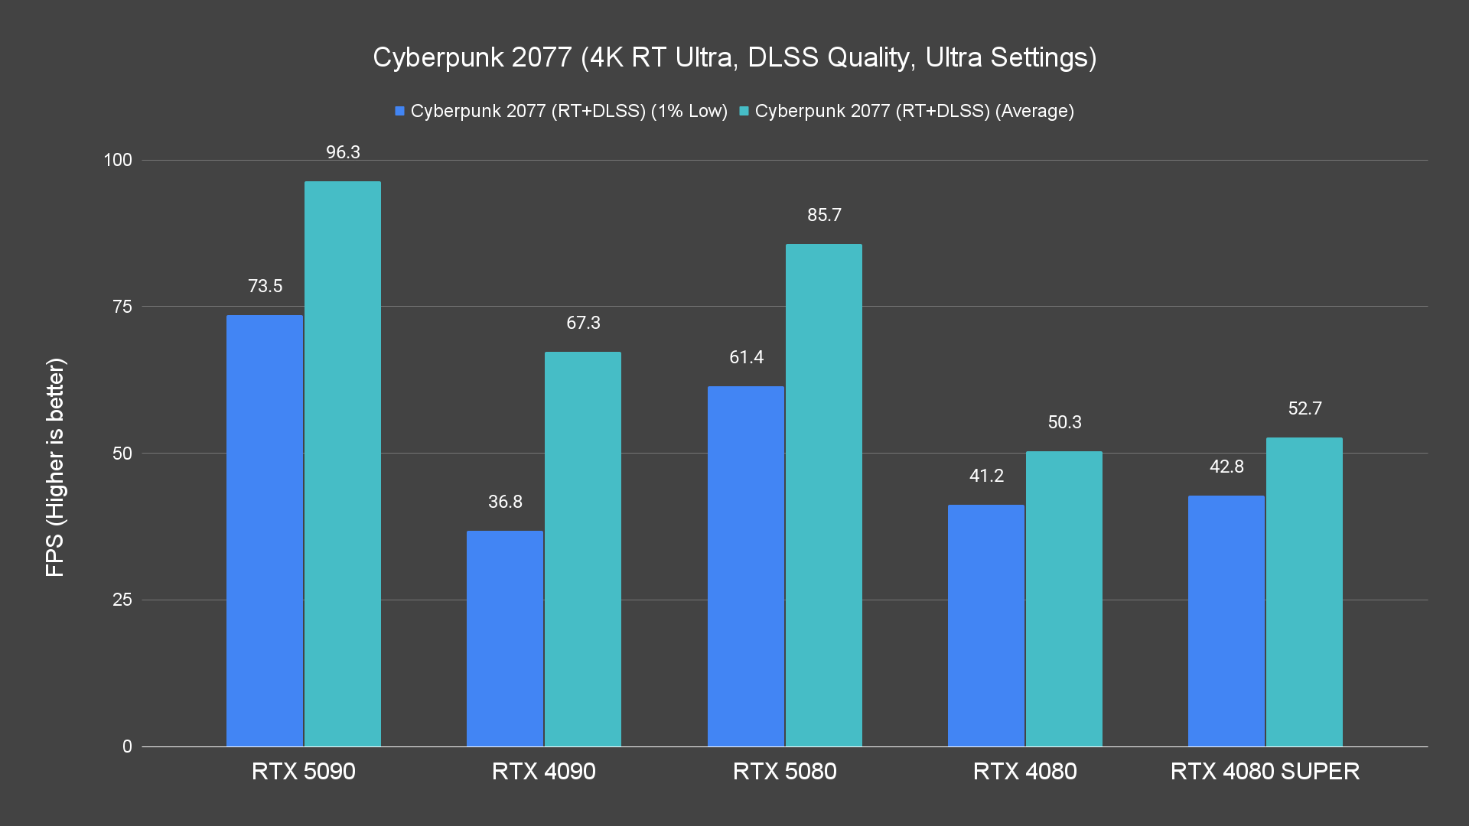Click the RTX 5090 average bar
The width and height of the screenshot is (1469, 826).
point(343,463)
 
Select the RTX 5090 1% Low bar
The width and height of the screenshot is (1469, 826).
point(265,531)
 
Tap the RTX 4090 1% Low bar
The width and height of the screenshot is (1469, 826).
point(505,639)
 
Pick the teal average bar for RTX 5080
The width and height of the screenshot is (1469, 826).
point(823,495)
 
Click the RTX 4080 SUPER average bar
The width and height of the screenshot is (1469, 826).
point(1304,592)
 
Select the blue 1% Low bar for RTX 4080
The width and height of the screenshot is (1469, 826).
point(986,626)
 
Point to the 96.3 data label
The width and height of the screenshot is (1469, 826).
point(343,152)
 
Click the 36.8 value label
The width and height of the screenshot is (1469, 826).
point(505,502)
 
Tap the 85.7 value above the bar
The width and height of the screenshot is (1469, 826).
point(824,215)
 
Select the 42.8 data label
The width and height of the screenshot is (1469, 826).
point(1226,467)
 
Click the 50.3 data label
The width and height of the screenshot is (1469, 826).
point(1064,422)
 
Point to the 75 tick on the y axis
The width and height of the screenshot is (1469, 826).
point(122,307)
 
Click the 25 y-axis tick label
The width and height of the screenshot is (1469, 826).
point(122,600)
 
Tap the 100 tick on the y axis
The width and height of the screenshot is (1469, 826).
point(118,160)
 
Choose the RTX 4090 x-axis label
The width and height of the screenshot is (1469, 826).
point(544,771)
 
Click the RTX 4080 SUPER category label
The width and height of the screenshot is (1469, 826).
point(1265,771)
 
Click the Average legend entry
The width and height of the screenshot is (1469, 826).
point(907,111)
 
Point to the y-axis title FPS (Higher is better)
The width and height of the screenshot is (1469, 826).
point(55,467)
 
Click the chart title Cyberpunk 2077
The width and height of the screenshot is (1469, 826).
point(734,57)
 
